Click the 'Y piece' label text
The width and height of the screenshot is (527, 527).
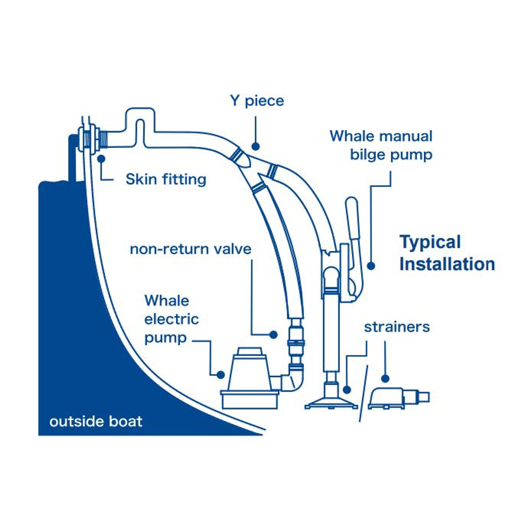point(257,101)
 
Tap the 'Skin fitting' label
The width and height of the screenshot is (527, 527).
point(166,179)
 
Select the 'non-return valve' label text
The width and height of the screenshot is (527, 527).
point(190,249)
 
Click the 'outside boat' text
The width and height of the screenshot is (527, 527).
point(96,421)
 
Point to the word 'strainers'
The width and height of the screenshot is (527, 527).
point(397,327)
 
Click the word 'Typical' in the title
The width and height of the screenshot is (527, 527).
point(430,242)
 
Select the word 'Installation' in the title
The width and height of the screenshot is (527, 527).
point(447,264)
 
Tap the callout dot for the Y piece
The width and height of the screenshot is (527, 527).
point(255,146)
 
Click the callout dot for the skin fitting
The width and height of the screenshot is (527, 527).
point(102,159)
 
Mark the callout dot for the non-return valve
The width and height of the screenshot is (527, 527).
point(273,334)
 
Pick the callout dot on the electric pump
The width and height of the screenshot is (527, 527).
point(221,375)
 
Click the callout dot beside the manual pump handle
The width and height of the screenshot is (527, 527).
point(371,266)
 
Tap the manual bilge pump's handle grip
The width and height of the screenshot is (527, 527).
point(352,218)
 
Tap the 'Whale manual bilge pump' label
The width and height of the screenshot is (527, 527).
point(382,145)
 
